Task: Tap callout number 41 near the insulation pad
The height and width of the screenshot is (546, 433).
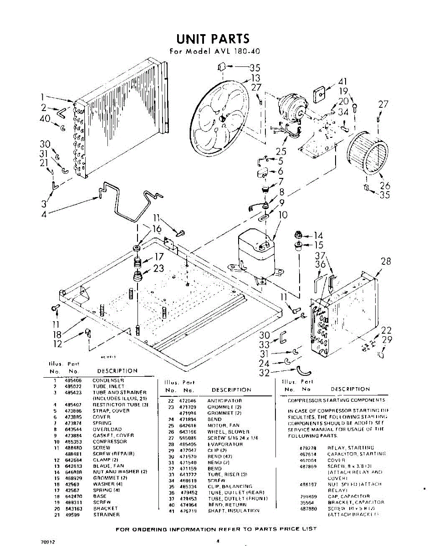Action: [x=343, y=82]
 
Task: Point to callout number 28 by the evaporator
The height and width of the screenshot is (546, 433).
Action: [x=386, y=261]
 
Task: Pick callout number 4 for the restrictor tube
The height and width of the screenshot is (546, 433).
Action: [x=44, y=214]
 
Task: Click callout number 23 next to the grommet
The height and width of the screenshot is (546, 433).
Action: [x=158, y=268]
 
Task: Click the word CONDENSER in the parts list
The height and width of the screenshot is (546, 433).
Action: [x=108, y=380]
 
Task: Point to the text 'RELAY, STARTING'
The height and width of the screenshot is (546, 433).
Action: [x=351, y=448]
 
